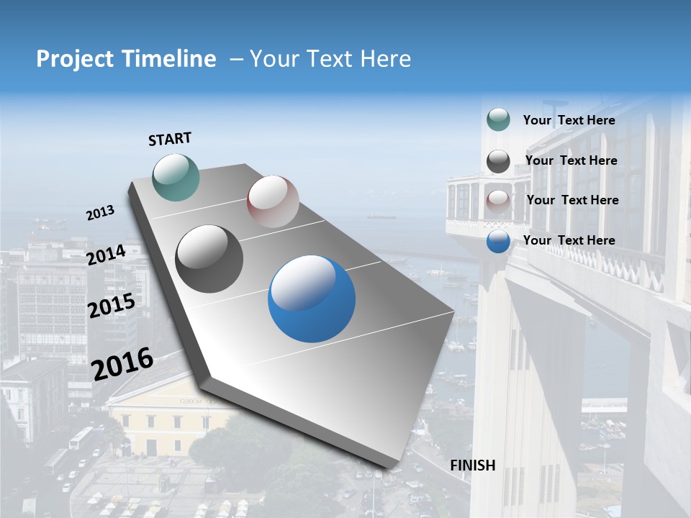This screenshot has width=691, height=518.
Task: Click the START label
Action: [170, 139]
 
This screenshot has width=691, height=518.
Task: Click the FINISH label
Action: [472, 465]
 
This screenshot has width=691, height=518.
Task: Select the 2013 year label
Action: [100, 213]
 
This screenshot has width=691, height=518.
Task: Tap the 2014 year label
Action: [106, 255]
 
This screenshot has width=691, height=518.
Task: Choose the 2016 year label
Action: [122, 363]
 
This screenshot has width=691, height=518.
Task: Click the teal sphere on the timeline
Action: [176, 177]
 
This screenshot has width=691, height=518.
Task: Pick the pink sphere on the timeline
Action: [273, 201]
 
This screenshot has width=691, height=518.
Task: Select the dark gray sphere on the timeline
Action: [209, 259]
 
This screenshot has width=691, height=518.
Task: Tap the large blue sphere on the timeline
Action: [312, 299]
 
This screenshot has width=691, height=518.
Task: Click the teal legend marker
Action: [498, 120]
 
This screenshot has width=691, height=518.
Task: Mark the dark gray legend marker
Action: [498, 161]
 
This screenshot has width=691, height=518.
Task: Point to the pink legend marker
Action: [498, 201]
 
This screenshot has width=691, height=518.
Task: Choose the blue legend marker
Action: [498, 241]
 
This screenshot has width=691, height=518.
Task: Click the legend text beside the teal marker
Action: [569, 120]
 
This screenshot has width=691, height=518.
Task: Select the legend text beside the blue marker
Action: [569, 240]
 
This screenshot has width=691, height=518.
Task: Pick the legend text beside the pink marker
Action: [572, 200]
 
